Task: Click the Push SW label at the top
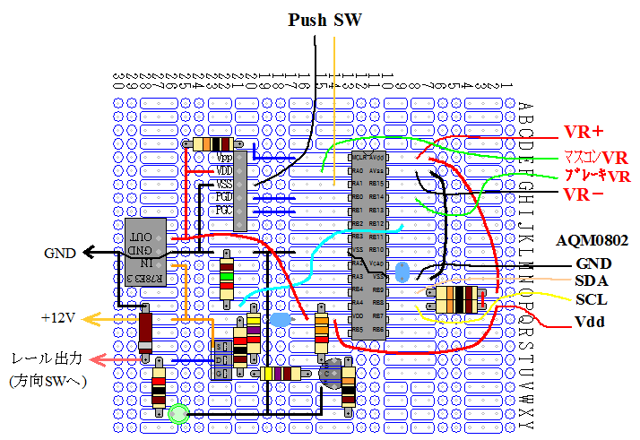(x=324, y=20)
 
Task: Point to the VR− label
(x=584, y=194)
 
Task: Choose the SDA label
(x=592, y=281)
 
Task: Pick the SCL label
(x=592, y=299)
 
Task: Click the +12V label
(x=57, y=318)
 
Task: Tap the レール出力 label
(x=46, y=358)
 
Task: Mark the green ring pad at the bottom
(x=178, y=413)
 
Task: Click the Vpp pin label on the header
(x=224, y=156)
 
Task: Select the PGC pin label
(x=224, y=210)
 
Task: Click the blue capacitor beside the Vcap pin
(x=402, y=271)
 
